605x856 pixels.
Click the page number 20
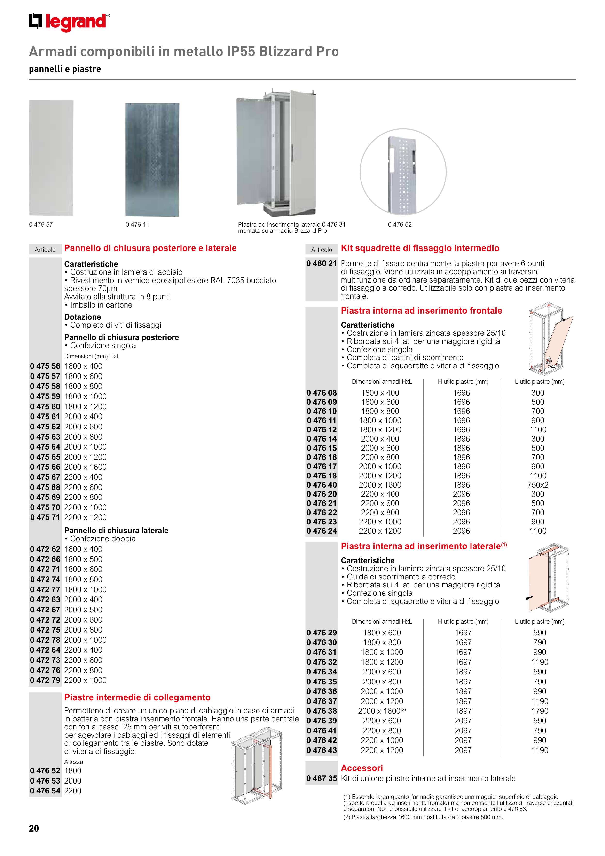34,828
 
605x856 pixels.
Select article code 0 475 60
45,406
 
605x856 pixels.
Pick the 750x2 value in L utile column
538,485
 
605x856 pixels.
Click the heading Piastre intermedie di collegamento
137,697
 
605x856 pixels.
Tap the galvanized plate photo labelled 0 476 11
152,159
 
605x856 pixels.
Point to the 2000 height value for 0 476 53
73,780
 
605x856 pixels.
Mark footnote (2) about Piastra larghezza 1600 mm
423,817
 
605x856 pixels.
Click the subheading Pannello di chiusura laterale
116,530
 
